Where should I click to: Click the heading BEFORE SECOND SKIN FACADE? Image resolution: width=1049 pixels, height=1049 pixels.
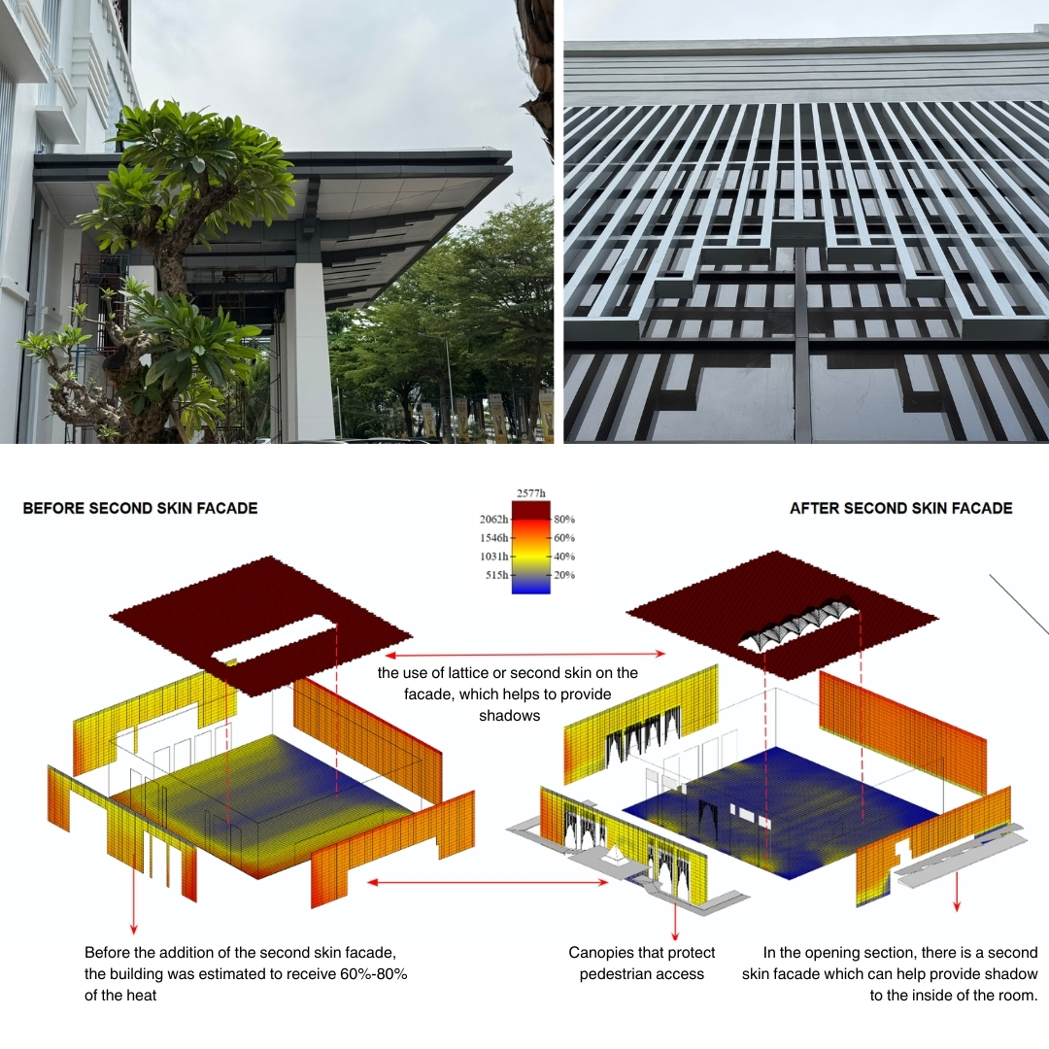[x=140, y=508]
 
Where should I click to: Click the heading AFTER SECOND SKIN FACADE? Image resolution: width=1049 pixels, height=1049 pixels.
[x=900, y=508]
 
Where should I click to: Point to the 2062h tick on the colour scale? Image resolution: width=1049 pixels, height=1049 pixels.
[x=494, y=519]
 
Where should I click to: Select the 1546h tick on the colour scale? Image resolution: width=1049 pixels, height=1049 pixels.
[x=494, y=537]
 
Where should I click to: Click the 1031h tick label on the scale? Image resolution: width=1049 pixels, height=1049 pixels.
[x=494, y=557]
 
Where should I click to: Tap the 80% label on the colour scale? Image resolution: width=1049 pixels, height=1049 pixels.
[x=563, y=519]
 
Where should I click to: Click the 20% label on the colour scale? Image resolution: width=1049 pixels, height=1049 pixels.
[x=563, y=575]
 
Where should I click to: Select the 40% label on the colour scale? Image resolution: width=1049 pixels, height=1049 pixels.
[x=563, y=557]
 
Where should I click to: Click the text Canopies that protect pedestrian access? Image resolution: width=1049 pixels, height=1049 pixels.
[x=641, y=963]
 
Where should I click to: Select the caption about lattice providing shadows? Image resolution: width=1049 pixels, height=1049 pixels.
[x=508, y=694]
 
